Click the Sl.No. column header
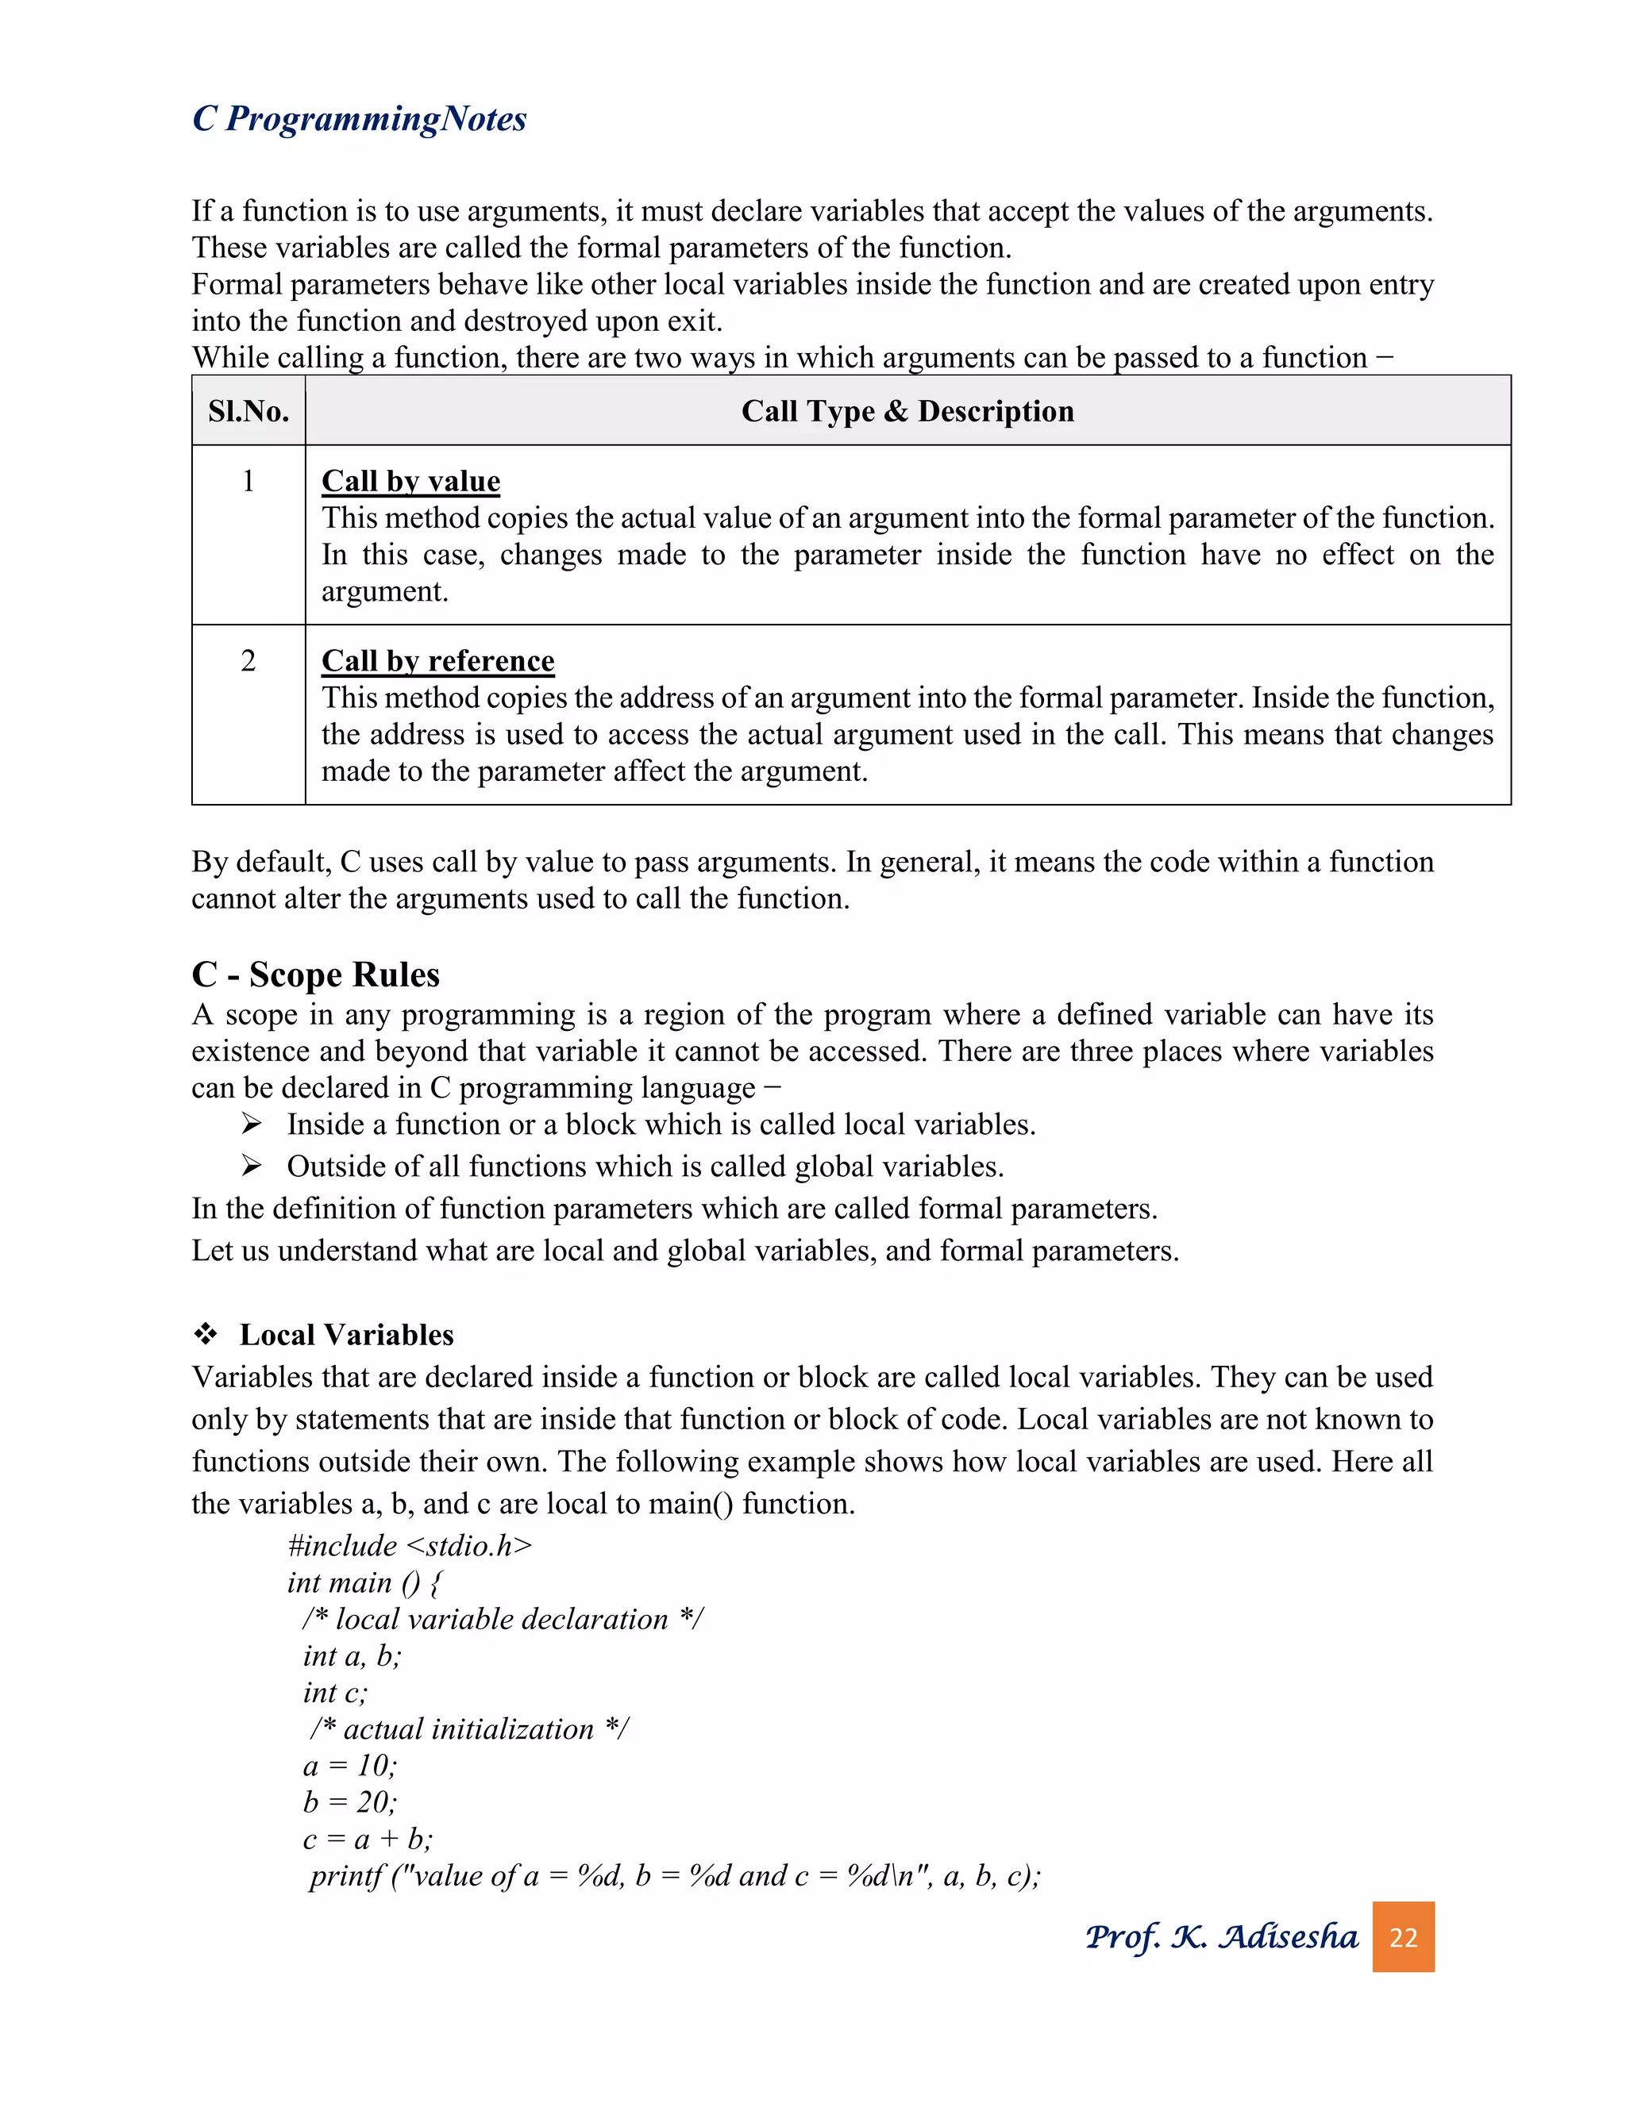point(249,411)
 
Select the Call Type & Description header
point(907,411)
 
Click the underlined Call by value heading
point(410,480)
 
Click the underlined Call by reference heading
point(437,660)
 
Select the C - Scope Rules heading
point(315,975)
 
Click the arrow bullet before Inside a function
point(252,1124)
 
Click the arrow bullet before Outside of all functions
point(252,1166)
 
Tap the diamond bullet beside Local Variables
point(205,1335)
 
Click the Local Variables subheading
point(346,1335)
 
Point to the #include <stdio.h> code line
point(410,1545)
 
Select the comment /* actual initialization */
point(468,1728)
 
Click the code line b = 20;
point(349,1801)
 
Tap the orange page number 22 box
point(1403,1936)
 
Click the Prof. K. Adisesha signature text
point(1220,1936)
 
